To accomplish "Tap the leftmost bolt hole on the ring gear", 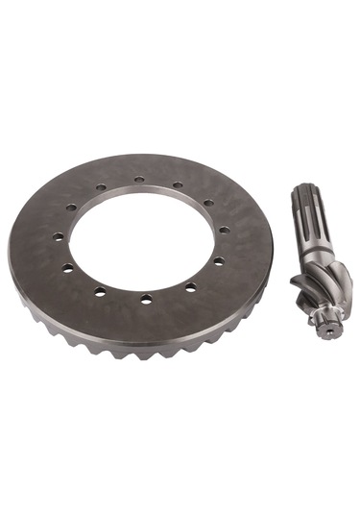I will [x=58, y=236].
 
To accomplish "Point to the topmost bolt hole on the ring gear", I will [x=139, y=179].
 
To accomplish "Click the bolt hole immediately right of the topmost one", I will [x=178, y=184].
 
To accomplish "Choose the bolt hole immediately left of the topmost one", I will [x=101, y=187].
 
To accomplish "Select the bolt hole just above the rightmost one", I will [x=208, y=203].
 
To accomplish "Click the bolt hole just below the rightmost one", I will [x=218, y=260].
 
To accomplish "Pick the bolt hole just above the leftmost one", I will [x=71, y=208].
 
